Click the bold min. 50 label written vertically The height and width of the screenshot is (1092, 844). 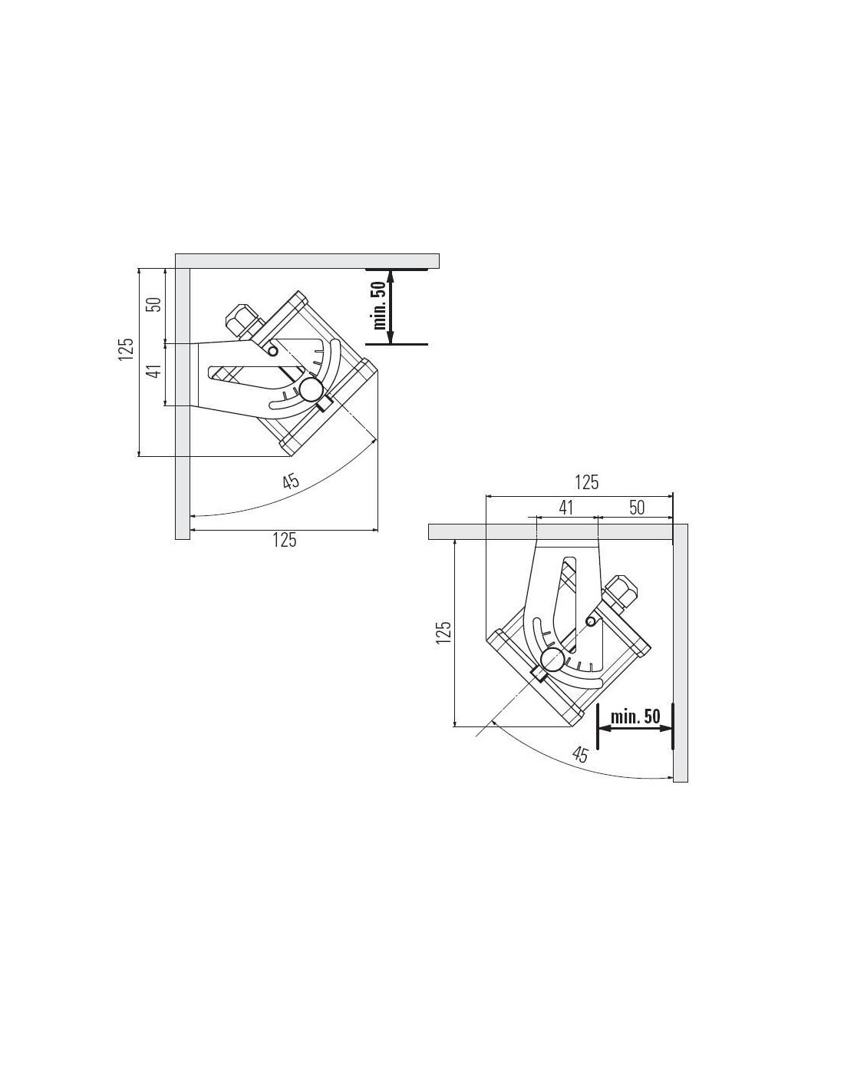(x=380, y=305)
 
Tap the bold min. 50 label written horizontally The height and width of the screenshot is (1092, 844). (x=635, y=716)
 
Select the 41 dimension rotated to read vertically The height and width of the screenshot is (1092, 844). (x=157, y=372)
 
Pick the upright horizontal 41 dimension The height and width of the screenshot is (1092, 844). (x=565, y=508)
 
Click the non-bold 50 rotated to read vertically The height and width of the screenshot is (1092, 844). (x=157, y=305)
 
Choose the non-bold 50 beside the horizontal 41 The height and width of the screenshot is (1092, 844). (x=636, y=508)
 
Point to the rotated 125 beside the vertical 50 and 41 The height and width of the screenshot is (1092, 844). (x=126, y=348)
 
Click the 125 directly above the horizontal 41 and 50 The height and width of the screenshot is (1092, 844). (x=586, y=482)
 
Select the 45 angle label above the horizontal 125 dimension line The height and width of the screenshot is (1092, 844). (x=291, y=481)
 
